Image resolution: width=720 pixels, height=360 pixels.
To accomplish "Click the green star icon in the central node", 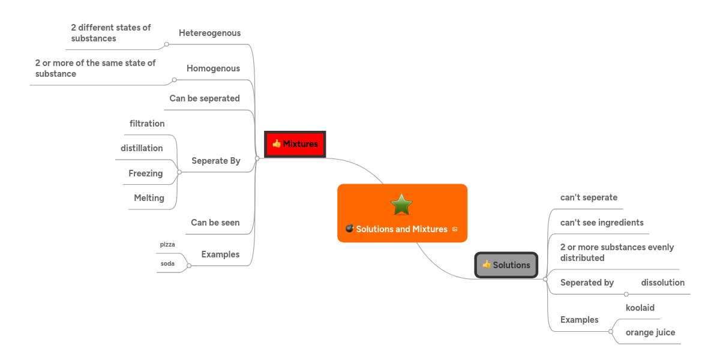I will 401,205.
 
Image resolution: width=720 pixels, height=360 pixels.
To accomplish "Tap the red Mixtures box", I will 295,144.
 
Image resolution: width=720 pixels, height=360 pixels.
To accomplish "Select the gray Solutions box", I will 506,265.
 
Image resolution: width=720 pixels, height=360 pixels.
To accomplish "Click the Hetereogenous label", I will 209,33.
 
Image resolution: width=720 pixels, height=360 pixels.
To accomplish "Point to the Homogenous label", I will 213,68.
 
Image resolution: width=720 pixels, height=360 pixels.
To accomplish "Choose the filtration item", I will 147,124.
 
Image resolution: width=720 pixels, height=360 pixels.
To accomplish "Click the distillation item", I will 142,148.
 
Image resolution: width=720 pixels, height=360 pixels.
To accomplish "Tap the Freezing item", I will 145,173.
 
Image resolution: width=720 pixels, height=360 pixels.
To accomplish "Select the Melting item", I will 149,198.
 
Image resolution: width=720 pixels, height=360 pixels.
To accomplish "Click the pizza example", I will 167,244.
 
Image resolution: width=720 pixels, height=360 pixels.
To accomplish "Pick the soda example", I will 167,263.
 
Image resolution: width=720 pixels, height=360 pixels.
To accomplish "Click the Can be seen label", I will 215,223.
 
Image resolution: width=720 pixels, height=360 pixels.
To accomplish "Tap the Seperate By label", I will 215,161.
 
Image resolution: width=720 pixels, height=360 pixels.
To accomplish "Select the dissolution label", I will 662,283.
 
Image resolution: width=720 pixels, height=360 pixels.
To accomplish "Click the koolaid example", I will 640,308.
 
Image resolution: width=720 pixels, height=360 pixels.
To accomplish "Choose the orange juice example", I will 650,332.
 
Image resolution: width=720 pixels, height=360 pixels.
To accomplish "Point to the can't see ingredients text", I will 601,223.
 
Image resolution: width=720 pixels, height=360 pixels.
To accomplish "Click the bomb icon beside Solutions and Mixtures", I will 349,229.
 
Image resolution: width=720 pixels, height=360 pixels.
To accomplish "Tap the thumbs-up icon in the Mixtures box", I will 277,144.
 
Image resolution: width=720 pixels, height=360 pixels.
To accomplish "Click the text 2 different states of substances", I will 110,33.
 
